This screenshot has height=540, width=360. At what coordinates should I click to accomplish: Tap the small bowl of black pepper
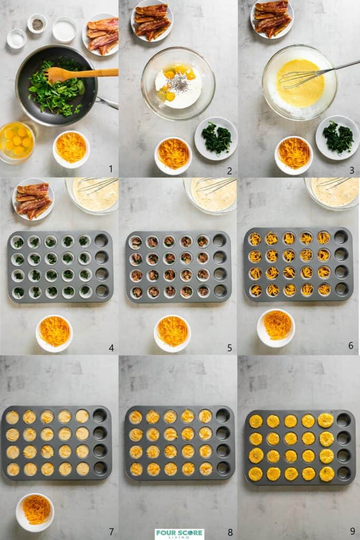tap(37, 24)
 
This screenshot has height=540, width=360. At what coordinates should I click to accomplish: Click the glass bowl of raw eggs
tap(17, 140)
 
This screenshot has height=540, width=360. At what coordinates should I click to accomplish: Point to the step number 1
tap(110, 169)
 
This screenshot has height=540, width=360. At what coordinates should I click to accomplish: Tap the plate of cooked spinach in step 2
tap(216, 138)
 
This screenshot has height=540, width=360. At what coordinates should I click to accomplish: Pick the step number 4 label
tap(111, 348)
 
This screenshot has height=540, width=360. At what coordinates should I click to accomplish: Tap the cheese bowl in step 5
tap(172, 333)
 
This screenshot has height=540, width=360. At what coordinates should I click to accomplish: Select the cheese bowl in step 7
tap(35, 511)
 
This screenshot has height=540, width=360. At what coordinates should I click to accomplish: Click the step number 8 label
tap(230, 532)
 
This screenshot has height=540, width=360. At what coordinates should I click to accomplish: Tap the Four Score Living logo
tap(179, 534)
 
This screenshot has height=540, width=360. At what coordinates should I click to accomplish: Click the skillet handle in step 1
tap(107, 102)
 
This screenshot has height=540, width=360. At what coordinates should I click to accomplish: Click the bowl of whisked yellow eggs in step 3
tap(299, 83)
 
